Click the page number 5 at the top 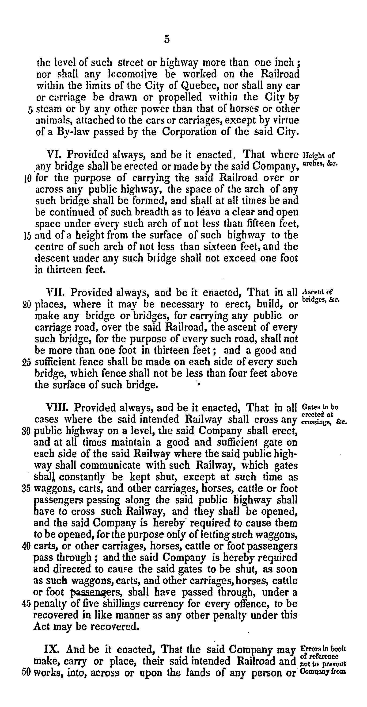(x=167, y=40)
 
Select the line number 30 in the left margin (x=26, y=431)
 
